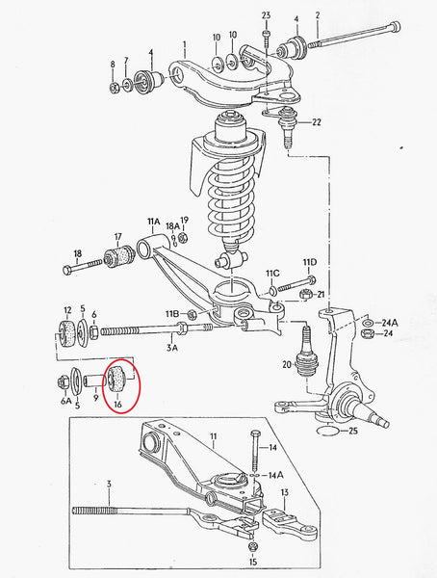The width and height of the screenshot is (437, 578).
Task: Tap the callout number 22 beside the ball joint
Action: [317, 121]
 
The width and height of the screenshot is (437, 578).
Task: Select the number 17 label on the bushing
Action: [117, 237]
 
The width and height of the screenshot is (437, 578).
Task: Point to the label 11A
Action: [152, 222]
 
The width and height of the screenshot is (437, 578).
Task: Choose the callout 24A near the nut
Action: [390, 322]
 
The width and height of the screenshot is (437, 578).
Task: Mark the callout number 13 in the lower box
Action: [284, 493]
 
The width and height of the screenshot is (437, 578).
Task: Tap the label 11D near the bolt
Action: [308, 262]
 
